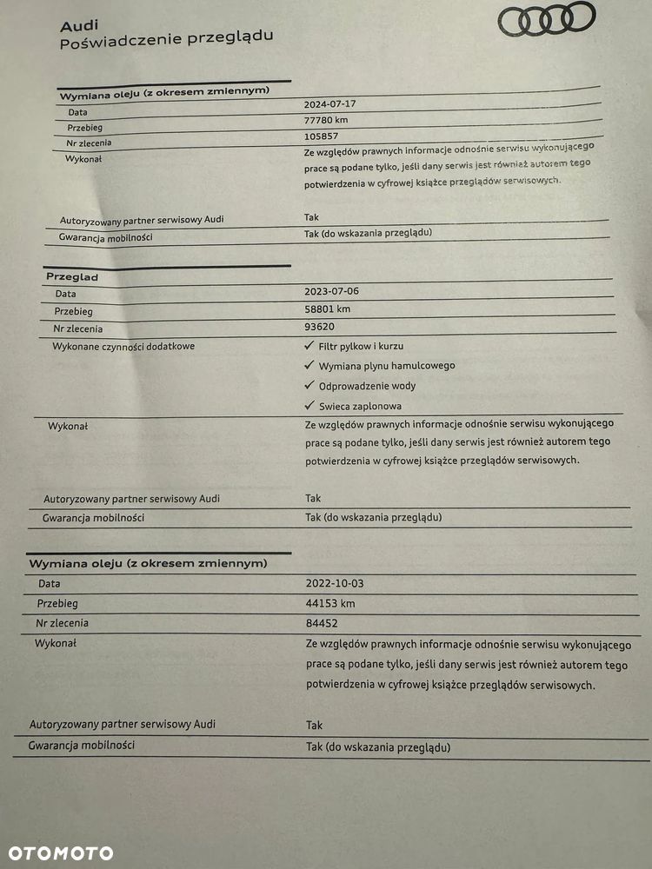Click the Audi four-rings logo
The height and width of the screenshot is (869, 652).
[x=546, y=18]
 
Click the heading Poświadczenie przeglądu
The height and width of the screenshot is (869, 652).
[x=166, y=39]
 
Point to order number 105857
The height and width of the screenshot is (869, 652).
[x=322, y=136]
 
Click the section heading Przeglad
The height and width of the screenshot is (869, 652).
[x=72, y=276]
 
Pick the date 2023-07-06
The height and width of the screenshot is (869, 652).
[x=331, y=291]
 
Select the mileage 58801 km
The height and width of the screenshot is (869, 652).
[x=333, y=308]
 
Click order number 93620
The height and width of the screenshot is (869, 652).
[x=320, y=327]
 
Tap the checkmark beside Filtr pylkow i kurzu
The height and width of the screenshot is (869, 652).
[x=309, y=346]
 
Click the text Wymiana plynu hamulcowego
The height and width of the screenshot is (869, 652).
[x=387, y=366]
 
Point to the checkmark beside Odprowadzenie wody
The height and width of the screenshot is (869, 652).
[x=309, y=385]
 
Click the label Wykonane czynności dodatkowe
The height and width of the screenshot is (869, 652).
[x=124, y=346]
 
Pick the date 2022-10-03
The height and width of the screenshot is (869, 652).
[x=335, y=583]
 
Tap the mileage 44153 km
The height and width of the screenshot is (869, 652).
[x=330, y=603]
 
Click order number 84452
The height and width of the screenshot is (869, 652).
[x=322, y=623]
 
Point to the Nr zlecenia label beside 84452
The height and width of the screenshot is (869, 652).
[x=62, y=623]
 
